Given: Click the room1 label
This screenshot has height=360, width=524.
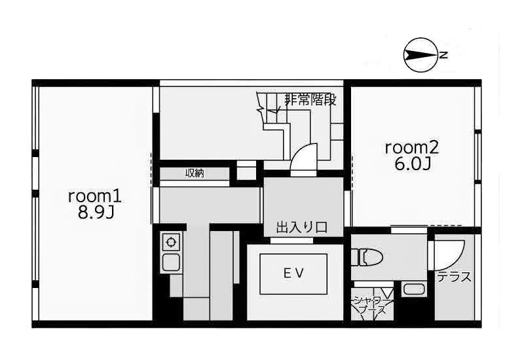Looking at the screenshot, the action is [x=94, y=197].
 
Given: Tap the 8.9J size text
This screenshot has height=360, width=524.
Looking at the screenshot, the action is [x=96, y=212].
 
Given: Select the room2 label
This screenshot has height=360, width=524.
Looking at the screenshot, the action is [x=411, y=148].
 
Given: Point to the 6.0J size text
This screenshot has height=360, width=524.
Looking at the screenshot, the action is [x=413, y=164].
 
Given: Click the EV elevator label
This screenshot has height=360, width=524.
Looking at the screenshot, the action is [x=293, y=274].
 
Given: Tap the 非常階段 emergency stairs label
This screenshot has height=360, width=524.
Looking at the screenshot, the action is [x=310, y=100].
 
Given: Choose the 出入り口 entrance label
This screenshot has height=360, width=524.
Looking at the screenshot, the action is [x=302, y=227].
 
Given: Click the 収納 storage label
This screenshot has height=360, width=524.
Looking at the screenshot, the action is [x=195, y=173].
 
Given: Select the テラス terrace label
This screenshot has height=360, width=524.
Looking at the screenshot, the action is [x=455, y=276].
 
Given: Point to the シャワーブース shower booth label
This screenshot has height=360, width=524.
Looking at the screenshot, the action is [x=372, y=304].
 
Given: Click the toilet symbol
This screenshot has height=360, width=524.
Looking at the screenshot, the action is [x=367, y=257].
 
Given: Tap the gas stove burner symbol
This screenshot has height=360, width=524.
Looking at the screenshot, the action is [x=171, y=242].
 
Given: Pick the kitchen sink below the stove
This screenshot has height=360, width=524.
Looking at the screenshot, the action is [x=171, y=263].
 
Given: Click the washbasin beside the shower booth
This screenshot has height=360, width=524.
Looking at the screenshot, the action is [x=413, y=289].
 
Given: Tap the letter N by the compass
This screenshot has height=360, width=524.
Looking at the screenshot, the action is [x=443, y=55].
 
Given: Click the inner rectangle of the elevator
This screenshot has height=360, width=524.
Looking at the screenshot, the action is [x=293, y=274].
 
